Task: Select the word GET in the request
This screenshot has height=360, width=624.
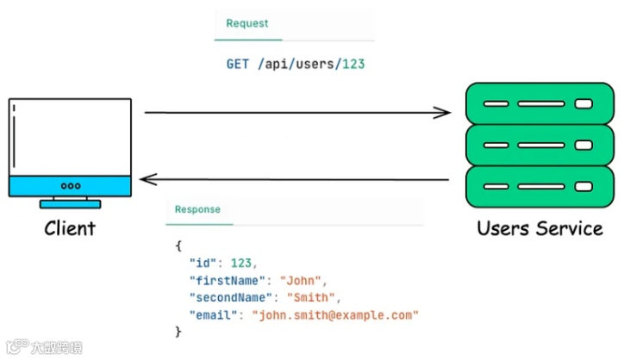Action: click(238, 65)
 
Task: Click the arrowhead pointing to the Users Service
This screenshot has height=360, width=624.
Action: click(442, 112)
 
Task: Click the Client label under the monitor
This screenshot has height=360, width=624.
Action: click(70, 228)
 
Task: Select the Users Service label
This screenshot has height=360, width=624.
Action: click(540, 228)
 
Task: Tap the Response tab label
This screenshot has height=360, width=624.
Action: click(197, 209)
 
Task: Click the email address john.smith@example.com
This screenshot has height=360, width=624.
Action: click(334, 315)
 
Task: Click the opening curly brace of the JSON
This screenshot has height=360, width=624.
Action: click(178, 246)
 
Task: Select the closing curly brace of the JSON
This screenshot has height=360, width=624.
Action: click(178, 332)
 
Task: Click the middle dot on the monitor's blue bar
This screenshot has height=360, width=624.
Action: click(70, 186)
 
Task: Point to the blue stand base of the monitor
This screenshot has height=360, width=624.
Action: click(70, 204)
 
